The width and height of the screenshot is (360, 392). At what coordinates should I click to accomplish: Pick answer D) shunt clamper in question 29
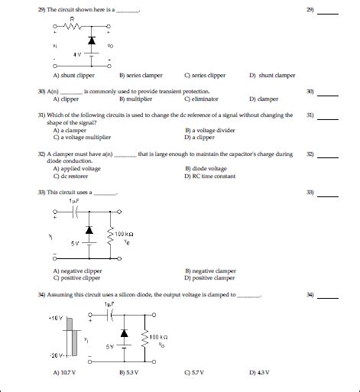point(272,76)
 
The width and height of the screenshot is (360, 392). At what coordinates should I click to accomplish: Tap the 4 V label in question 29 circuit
point(76,53)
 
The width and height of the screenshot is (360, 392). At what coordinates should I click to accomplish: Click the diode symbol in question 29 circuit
point(92,40)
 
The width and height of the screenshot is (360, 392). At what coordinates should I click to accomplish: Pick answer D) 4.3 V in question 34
point(258,372)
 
